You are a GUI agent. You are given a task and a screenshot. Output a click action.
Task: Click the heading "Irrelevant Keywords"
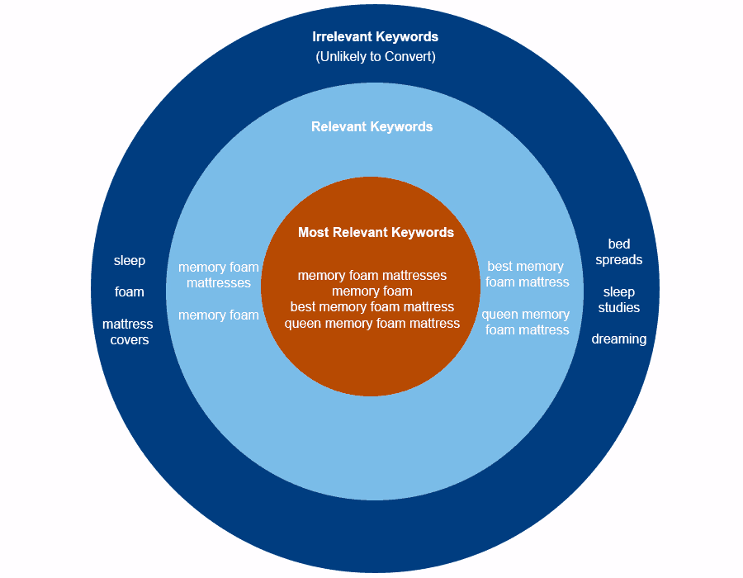(375, 37)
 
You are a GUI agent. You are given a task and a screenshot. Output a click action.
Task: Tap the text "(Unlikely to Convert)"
(376, 57)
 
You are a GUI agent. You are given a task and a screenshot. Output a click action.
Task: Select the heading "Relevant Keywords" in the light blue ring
(372, 127)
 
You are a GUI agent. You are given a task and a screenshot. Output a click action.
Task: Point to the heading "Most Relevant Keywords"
(376, 232)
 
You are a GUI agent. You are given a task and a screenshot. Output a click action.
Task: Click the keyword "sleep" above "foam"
(130, 261)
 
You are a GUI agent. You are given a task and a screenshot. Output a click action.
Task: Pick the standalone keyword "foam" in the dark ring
(130, 291)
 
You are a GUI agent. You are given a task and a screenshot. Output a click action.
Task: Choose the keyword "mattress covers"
(128, 332)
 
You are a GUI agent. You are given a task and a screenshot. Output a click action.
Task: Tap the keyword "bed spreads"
(619, 252)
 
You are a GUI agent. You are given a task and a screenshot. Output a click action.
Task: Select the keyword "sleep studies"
(619, 300)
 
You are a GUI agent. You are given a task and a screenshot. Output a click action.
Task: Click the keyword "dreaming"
(619, 339)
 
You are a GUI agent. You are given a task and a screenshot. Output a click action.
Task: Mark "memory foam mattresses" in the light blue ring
(219, 275)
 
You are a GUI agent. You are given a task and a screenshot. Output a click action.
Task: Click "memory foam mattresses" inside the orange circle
(372, 275)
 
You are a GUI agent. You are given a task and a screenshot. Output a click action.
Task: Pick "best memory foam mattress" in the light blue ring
(527, 274)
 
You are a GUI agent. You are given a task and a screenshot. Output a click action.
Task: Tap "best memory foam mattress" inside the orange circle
(372, 307)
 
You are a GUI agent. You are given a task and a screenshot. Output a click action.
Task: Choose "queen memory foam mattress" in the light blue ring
(526, 322)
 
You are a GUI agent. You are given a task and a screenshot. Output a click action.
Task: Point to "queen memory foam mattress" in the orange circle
(372, 323)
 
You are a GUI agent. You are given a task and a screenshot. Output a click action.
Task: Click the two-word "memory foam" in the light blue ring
(219, 315)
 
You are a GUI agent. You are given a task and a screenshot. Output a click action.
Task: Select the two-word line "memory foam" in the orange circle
(372, 291)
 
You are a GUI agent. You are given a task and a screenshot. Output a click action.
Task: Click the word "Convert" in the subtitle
(409, 57)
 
